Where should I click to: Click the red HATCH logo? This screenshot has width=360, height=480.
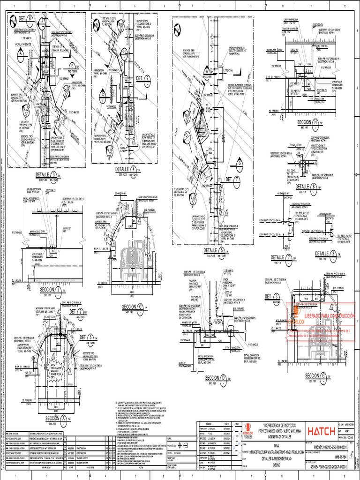(322, 431)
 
